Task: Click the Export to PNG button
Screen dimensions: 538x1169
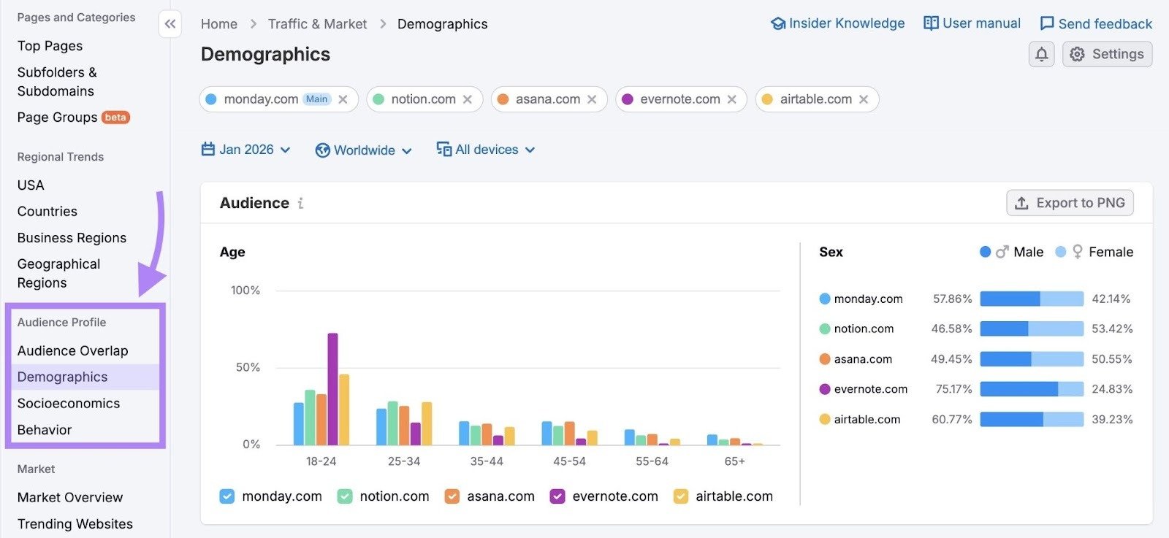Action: point(1070,203)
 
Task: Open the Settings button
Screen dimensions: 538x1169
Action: point(1107,54)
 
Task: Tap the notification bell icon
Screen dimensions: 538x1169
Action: point(1041,54)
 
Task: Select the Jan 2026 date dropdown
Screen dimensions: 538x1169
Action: point(246,150)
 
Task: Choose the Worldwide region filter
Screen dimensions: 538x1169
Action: point(364,150)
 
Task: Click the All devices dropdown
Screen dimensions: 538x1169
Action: point(486,150)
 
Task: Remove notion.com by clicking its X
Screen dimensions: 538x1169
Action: point(468,99)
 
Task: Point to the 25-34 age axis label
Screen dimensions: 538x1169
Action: point(404,461)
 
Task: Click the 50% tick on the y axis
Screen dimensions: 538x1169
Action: point(248,367)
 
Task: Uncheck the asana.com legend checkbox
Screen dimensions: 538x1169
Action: point(452,496)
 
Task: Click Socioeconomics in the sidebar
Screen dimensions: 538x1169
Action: point(69,404)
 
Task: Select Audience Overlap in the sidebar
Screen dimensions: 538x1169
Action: point(73,351)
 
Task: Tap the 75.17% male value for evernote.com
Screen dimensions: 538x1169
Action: point(953,389)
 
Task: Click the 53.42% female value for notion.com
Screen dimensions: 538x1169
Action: point(1112,329)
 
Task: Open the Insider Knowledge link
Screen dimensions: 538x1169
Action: point(838,23)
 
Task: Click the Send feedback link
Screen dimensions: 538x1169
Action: point(1096,24)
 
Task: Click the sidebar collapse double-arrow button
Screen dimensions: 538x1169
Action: point(170,24)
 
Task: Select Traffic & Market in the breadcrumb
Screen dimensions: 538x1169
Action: point(317,24)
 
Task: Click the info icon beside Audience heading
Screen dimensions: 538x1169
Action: point(300,204)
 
